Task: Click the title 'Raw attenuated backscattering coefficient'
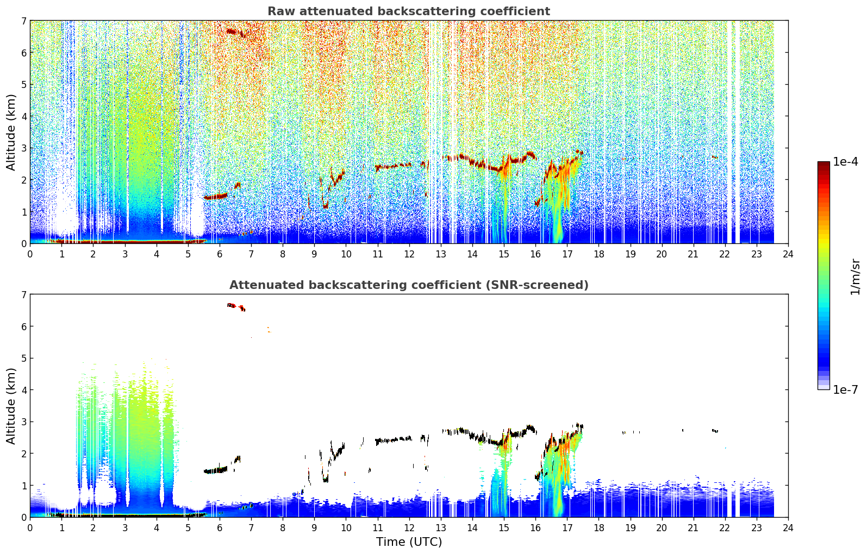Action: pyautogui.click(x=409, y=11)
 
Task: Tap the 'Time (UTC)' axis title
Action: pyautogui.click(x=409, y=542)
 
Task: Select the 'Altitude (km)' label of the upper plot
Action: pyautogui.click(x=11, y=133)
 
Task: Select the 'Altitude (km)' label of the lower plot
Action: pyautogui.click(x=11, y=406)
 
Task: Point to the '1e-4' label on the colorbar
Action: pyautogui.click(x=845, y=162)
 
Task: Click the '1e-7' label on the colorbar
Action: pyautogui.click(x=845, y=389)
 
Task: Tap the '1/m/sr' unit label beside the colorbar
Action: pyautogui.click(x=855, y=278)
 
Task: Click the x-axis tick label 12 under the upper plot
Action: pyautogui.click(x=409, y=254)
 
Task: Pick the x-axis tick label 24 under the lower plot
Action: pyautogui.click(x=788, y=528)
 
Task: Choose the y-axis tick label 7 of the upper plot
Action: pyautogui.click(x=24, y=21)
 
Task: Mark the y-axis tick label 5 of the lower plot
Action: pyautogui.click(x=24, y=358)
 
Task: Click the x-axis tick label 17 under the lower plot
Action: pyautogui.click(x=567, y=528)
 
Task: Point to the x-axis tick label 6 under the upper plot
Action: pyautogui.click(x=220, y=254)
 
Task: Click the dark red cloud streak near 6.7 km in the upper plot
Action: pyautogui.click(x=236, y=33)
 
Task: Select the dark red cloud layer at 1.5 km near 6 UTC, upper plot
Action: pyautogui.click(x=216, y=197)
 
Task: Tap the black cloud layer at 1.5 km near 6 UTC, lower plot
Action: pyautogui.click(x=216, y=470)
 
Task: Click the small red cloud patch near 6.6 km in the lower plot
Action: pyautogui.click(x=236, y=307)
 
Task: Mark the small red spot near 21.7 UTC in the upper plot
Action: pyautogui.click(x=714, y=158)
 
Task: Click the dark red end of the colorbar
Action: pyautogui.click(x=824, y=164)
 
